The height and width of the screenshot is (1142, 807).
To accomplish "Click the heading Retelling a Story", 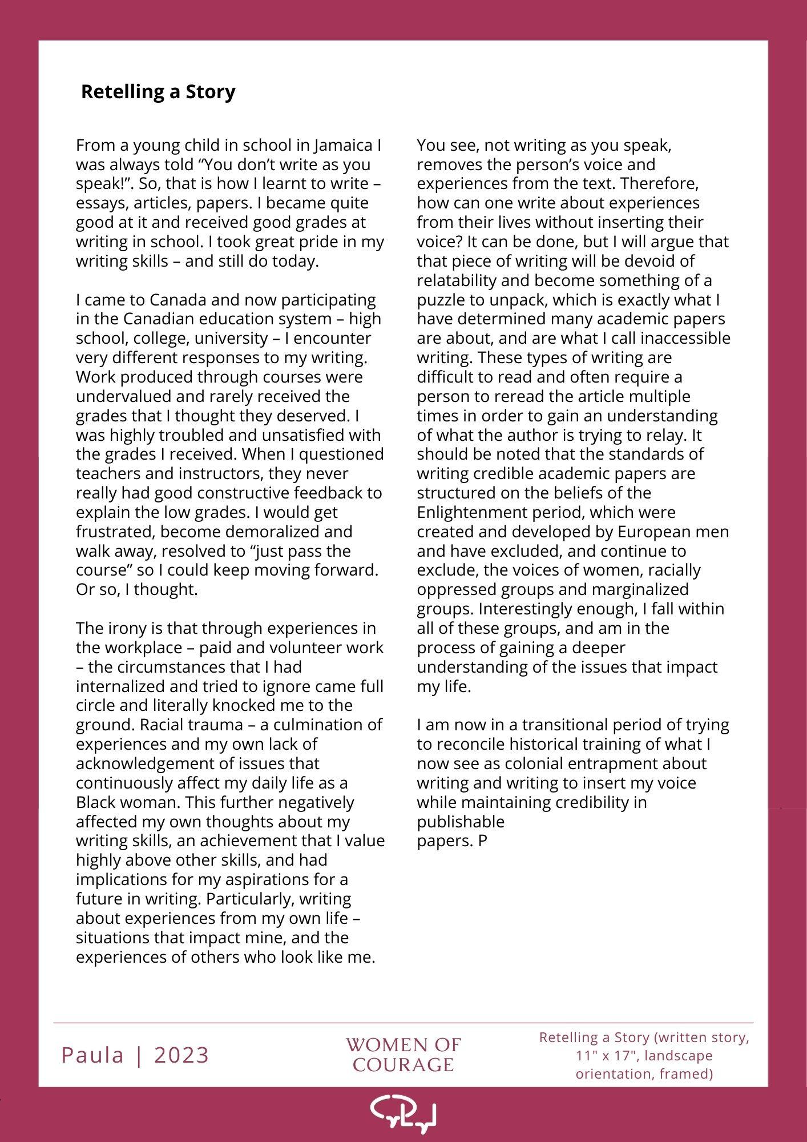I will click(x=158, y=92).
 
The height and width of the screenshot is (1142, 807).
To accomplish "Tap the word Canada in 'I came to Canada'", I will click(x=177, y=300).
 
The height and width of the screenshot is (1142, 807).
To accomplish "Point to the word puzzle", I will click(x=439, y=300).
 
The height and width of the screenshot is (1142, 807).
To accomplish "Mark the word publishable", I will click(x=461, y=822).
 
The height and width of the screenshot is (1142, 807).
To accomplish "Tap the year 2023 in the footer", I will click(x=181, y=1055).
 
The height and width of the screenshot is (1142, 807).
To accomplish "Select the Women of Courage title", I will click(x=403, y=1055).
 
